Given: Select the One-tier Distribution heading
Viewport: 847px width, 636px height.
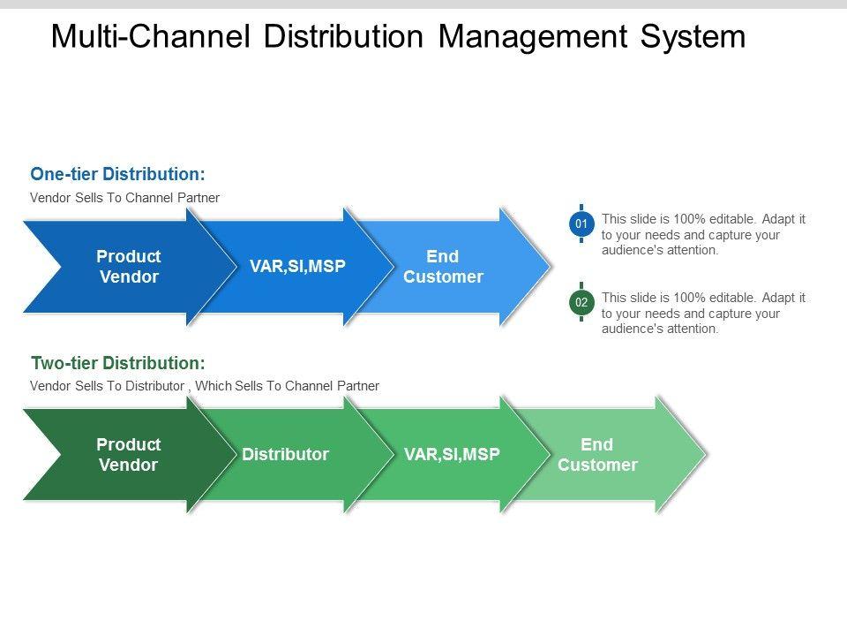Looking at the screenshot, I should [x=118, y=174].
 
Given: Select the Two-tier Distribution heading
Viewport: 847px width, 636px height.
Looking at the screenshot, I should [x=118, y=362].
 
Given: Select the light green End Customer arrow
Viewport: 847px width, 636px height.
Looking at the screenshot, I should [x=600, y=455].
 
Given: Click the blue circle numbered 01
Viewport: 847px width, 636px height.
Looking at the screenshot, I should [x=581, y=225].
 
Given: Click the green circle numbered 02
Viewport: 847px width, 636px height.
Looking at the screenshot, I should [x=581, y=303].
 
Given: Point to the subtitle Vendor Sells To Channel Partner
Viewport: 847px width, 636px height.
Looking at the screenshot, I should [x=124, y=198].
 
